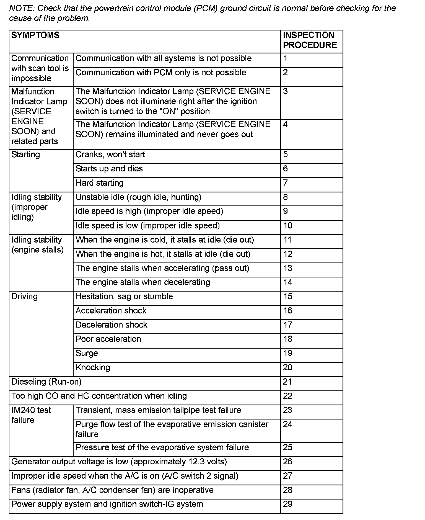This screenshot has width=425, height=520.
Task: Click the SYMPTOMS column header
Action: point(35,35)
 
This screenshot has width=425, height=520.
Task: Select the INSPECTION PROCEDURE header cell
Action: point(310,40)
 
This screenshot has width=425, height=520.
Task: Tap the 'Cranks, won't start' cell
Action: point(110,155)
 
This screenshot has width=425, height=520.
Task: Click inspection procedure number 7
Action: point(286,183)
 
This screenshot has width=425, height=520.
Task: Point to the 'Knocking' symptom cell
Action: point(93,367)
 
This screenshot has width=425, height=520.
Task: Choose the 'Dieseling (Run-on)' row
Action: point(46,382)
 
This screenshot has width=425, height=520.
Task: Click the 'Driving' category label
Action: point(25,297)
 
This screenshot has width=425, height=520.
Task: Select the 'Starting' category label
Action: point(26,155)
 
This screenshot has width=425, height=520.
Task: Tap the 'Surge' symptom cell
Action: point(87,353)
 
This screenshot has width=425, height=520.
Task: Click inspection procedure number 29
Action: point(288,504)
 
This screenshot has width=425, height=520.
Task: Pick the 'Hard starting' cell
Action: point(100,183)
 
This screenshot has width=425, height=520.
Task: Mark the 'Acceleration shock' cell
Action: point(111,311)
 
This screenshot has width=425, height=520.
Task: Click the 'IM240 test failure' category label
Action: point(31,415)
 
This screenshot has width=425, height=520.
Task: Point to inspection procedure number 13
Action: point(288,268)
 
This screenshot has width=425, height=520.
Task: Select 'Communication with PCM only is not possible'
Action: point(161,73)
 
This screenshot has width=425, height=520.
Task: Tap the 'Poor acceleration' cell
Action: point(108,339)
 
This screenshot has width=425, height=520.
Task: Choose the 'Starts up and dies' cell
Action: point(109,169)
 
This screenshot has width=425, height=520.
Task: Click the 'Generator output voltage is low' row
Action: point(119,462)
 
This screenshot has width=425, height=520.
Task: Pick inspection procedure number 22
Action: point(288,396)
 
